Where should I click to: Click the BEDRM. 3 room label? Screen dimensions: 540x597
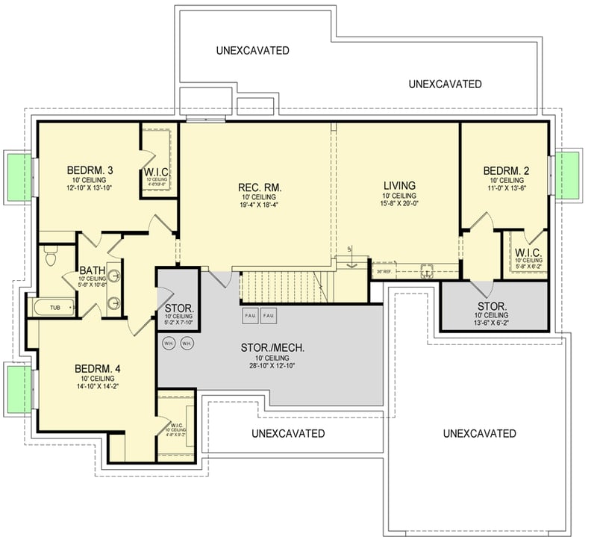point(89,169)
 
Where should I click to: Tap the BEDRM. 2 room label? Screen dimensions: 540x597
point(506,170)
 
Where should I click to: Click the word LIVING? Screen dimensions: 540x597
point(399,186)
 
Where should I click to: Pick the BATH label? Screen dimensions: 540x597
point(92,270)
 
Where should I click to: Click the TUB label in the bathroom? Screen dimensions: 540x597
point(55,307)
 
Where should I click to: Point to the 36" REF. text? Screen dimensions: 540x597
point(383,271)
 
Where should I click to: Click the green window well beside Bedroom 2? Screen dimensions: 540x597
point(571,175)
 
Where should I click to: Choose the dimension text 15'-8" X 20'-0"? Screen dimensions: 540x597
point(399,204)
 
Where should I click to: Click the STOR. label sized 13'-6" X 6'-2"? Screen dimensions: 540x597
point(493,306)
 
